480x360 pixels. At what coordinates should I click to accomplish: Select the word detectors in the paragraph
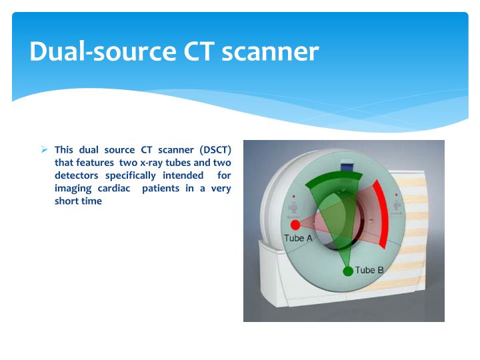[x=77, y=175]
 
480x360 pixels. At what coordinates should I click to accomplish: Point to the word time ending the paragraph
[x=91, y=201]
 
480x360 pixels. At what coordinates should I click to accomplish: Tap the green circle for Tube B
[x=347, y=271]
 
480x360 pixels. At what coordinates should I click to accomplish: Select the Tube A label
[x=298, y=239]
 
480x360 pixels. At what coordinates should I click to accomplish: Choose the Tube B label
[x=369, y=270]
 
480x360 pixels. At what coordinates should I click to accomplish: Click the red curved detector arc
[x=381, y=206]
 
